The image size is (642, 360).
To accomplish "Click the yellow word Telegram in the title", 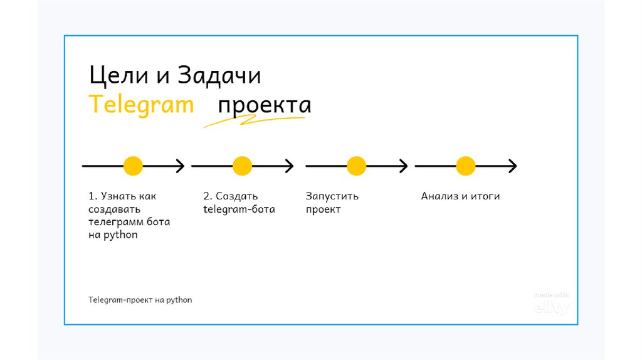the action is pos(141,105).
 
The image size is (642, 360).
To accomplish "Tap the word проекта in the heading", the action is pos(264,105).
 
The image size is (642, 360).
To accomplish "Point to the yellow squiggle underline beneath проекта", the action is pos(251,122).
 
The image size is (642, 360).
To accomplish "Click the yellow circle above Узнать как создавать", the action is pos(133,166).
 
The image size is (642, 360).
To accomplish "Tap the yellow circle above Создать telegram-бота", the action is pos(242,166).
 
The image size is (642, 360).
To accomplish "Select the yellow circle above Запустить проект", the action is pos(356,166).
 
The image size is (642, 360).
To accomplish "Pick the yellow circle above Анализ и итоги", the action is pos(465,166).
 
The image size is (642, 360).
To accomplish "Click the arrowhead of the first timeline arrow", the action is pos(181,166).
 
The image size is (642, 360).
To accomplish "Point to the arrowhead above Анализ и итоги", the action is pos(513,166).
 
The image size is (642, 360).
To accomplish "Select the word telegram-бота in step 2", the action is pos(239,209).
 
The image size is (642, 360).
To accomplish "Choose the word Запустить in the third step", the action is pos(332,196).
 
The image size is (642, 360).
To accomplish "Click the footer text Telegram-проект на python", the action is pos(140,300).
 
